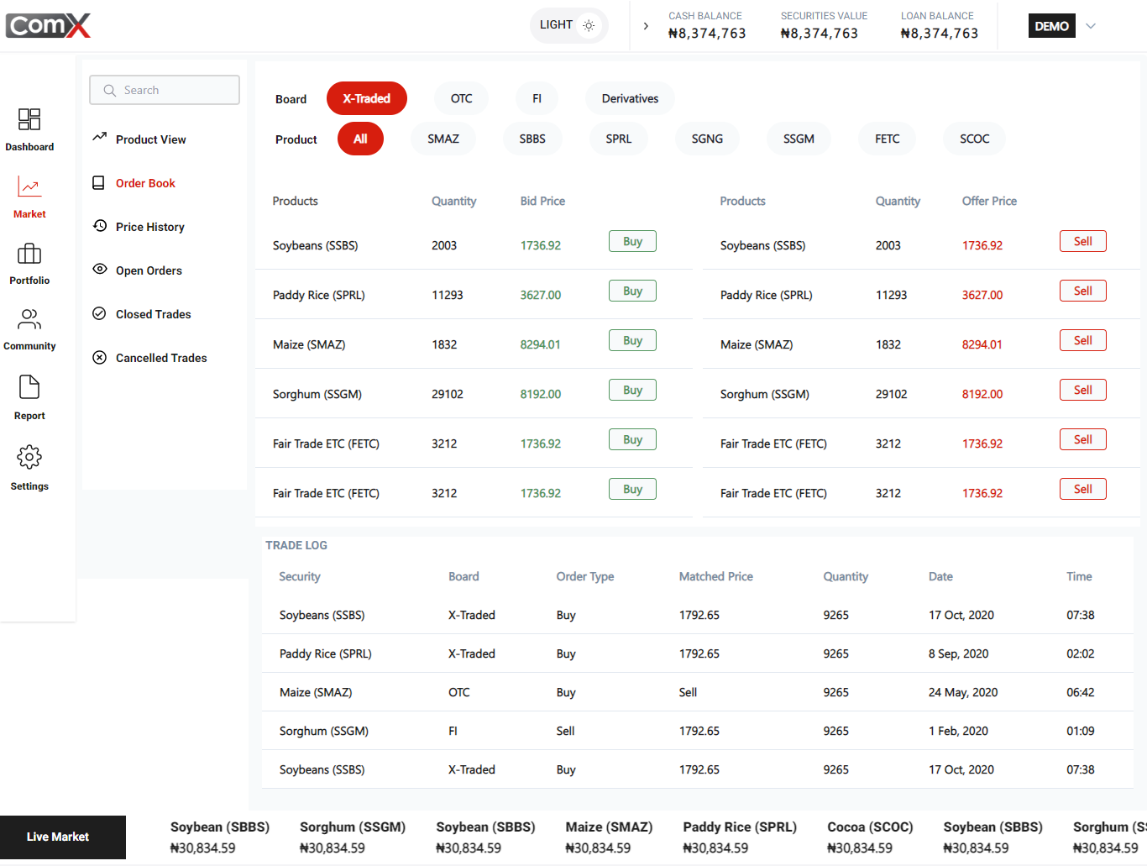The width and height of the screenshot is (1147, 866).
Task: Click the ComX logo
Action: click(x=49, y=25)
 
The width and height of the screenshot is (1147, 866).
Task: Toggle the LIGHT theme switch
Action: click(x=568, y=25)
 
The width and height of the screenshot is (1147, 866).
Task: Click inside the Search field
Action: click(x=165, y=90)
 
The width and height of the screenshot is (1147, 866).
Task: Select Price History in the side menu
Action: click(x=149, y=227)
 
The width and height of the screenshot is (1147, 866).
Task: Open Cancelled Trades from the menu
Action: click(x=160, y=358)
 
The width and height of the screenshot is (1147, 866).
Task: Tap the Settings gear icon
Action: click(x=29, y=458)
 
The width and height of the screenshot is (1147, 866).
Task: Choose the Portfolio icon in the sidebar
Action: click(x=29, y=254)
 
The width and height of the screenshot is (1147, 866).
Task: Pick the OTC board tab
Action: click(x=461, y=98)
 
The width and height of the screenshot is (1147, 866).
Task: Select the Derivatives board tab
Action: click(x=630, y=98)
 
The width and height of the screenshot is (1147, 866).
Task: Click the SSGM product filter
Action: click(x=799, y=139)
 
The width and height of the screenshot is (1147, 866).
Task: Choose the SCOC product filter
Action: click(x=974, y=139)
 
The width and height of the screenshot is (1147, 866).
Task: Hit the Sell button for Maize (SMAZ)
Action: click(x=1082, y=340)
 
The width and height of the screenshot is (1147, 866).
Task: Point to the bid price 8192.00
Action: click(x=540, y=394)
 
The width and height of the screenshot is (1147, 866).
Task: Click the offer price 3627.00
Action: click(x=982, y=295)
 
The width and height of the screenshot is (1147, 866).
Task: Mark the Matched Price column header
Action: click(x=715, y=576)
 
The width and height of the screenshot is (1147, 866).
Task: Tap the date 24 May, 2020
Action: click(x=962, y=692)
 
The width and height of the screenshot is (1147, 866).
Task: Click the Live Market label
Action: click(x=58, y=837)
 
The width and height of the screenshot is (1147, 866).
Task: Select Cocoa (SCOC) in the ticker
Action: click(x=870, y=827)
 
